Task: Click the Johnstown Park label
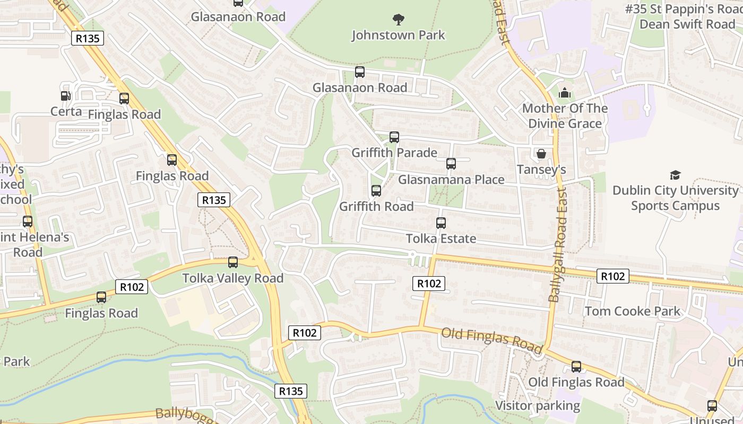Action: (x=398, y=35)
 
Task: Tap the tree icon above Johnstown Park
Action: (x=398, y=20)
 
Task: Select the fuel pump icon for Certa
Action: (x=65, y=96)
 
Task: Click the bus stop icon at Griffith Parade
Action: (x=394, y=137)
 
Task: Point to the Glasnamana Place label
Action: (x=451, y=180)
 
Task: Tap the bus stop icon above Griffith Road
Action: (x=376, y=191)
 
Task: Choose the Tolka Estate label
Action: (x=441, y=238)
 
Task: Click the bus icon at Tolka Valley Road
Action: (x=233, y=262)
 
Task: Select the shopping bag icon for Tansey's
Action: (x=541, y=154)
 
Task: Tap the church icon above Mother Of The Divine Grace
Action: (x=564, y=93)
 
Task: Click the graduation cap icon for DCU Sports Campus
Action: (x=675, y=175)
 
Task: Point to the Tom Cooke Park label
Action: (x=632, y=311)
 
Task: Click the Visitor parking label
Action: (x=538, y=405)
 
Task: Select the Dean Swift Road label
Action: (x=687, y=24)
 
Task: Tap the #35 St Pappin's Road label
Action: (x=684, y=9)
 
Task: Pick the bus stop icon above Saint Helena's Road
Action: (x=28, y=222)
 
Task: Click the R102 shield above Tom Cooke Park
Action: (x=613, y=276)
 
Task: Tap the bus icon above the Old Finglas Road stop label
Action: (x=576, y=367)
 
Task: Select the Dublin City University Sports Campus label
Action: (x=675, y=198)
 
